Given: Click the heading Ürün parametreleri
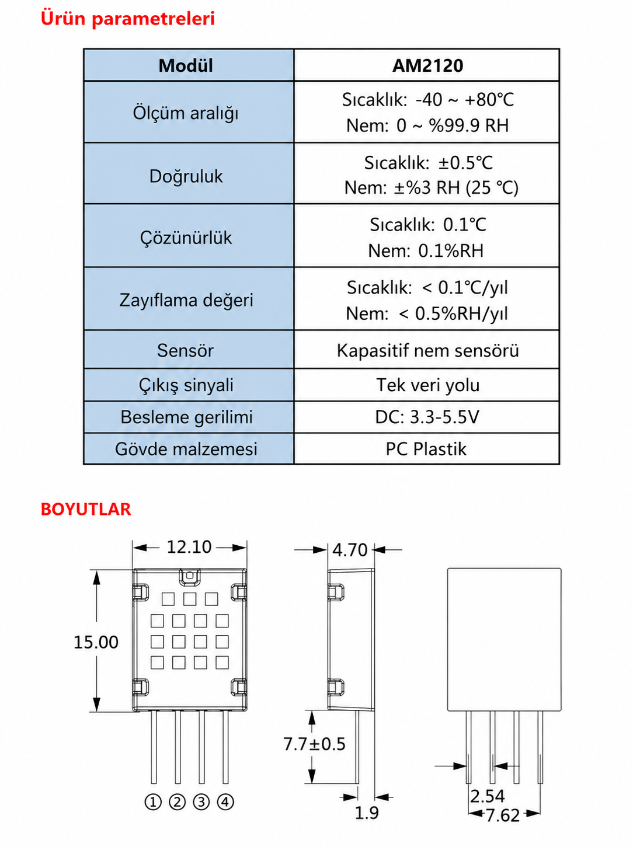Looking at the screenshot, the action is click(x=128, y=19).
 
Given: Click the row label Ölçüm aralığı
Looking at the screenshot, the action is click(x=186, y=113).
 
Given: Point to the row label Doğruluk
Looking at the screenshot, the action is click(x=186, y=176).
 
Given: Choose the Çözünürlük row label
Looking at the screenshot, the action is click(x=186, y=238).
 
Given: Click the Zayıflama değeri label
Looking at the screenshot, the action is click(x=186, y=300).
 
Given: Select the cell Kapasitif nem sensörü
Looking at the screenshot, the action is click(x=427, y=351).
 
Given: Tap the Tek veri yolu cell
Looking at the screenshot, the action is click(x=427, y=385).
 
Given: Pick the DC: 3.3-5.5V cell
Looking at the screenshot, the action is click(x=427, y=417).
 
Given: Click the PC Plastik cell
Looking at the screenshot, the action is click(x=426, y=449).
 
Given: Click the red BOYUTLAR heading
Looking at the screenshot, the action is click(x=86, y=510).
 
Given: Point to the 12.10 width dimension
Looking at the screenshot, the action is click(x=189, y=547).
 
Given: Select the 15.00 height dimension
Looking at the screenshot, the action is click(x=96, y=643).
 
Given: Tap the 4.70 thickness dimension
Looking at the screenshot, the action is click(x=350, y=550).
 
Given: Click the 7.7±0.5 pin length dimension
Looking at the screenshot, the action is click(x=314, y=744).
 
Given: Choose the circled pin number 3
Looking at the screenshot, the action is click(x=201, y=802).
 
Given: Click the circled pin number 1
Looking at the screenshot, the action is click(x=153, y=802).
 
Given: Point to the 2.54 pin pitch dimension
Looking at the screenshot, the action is click(x=487, y=796).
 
